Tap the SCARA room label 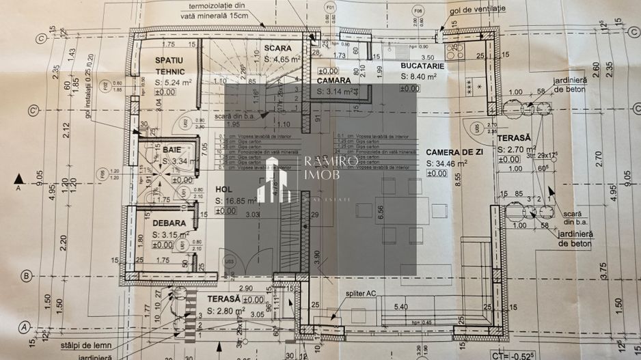click(x=277, y=49)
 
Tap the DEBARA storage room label click(x=169, y=223)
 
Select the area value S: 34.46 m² click(x=446, y=163)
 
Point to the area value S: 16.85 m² click(x=236, y=200)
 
